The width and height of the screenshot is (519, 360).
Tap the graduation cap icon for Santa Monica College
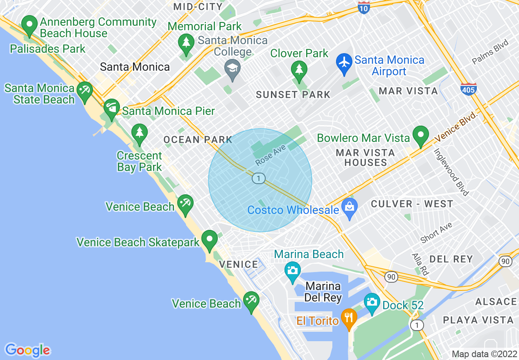click(x=232, y=67)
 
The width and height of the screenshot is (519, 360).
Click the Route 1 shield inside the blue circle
click(x=258, y=178)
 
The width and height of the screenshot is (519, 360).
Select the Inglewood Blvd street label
click(x=451, y=172)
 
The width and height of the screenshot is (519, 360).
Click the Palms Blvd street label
click(x=490, y=52)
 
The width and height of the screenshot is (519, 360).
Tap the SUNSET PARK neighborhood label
click(x=293, y=95)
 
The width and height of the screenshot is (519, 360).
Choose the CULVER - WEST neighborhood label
click(x=412, y=204)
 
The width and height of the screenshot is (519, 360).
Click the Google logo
click(x=27, y=350)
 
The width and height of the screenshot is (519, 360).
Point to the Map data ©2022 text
click(x=484, y=354)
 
